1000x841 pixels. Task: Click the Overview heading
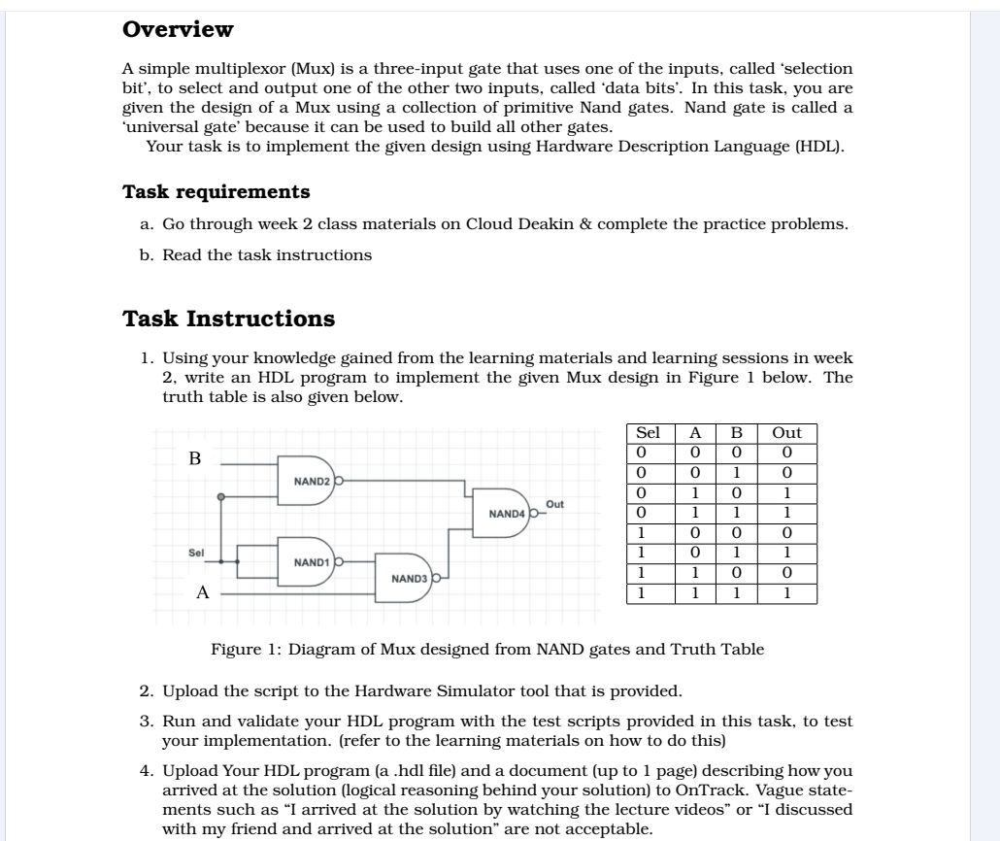pos(178,29)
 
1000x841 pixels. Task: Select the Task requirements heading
pos(216,191)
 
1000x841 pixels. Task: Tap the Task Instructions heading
pos(228,319)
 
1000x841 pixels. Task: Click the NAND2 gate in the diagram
pos(310,480)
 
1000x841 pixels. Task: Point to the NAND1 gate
pos(310,561)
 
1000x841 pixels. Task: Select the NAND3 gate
pos(407,579)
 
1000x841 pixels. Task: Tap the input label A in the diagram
pos(202,592)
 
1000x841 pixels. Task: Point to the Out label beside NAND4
pos(555,504)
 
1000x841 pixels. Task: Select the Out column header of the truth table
pos(786,433)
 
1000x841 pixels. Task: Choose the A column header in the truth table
pos(695,433)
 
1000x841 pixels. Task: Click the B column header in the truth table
pos(735,433)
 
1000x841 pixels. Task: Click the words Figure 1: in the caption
pos(238,650)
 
